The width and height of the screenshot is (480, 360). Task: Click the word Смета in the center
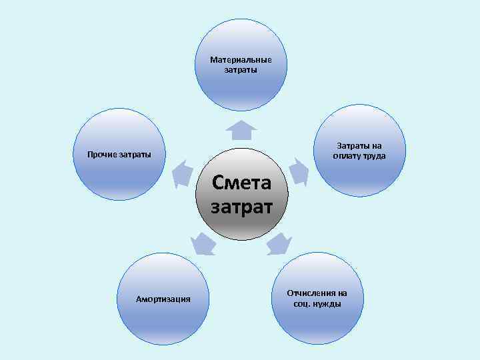(x=241, y=182)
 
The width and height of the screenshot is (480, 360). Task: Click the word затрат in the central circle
(x=241, y=206)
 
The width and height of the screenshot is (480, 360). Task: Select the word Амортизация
(x=163, y=299)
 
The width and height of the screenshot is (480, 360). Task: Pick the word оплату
(x=347, y=156)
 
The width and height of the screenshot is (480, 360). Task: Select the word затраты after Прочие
(x=135, y=155)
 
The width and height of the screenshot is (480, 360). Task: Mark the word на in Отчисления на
(x=342, y=293)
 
